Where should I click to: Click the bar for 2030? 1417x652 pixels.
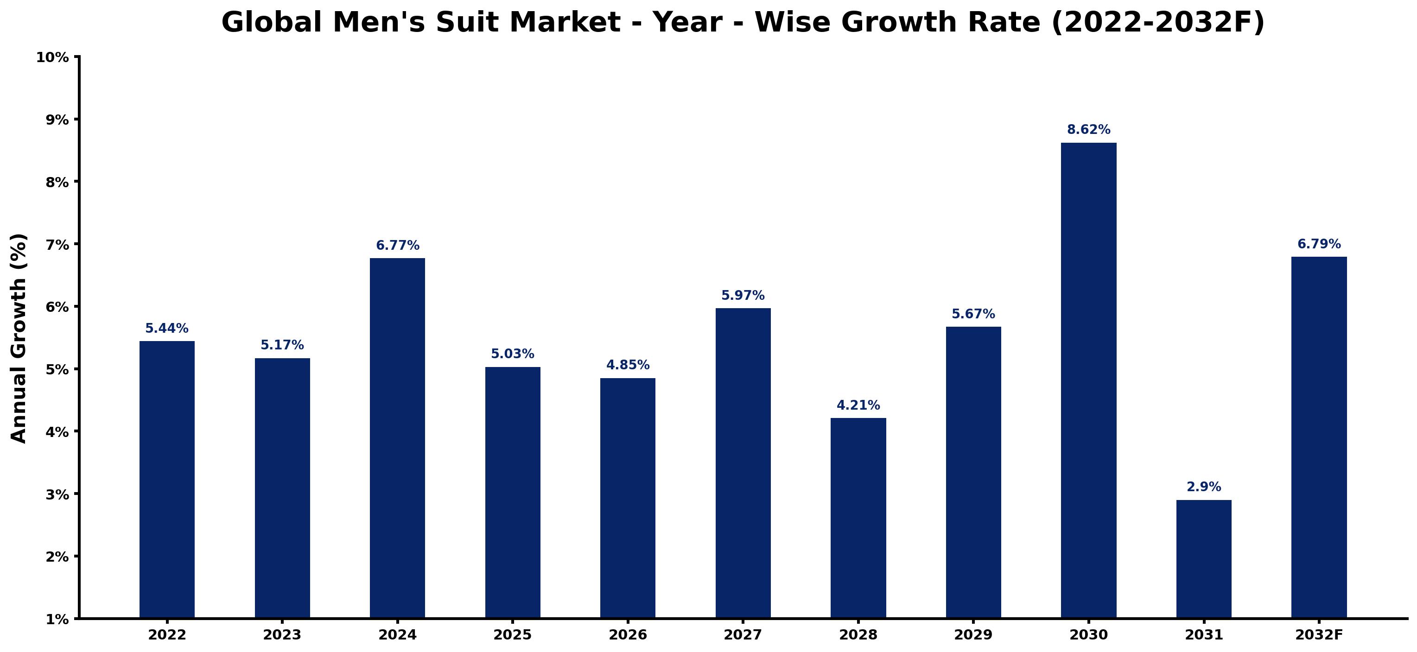click(x=1089, y=380)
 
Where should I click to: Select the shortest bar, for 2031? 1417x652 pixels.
click(x=1204, y=559)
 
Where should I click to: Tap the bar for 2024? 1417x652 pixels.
click(x=397, y=438)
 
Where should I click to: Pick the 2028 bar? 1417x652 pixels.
click(x=858, y=519)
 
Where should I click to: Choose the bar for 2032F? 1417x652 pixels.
click(x=1319, y=437)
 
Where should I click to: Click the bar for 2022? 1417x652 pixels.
click(x=167, y=480)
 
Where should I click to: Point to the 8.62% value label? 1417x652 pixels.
click(x=1089, y=130)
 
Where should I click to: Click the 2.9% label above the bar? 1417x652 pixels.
click(x=1204, y=487)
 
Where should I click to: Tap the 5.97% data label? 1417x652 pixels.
click(x=743, y=295)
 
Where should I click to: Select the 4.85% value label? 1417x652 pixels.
click(x=628, y=365)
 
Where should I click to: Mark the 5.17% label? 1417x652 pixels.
click(x=282, y=345)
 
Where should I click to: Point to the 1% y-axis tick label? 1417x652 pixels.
click(x=57, y=620)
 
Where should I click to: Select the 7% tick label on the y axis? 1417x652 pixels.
click(x=57, y=245)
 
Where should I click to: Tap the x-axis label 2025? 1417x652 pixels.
click(x=513, y=635)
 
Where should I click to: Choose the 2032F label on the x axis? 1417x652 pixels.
click(x=1319, y=635)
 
